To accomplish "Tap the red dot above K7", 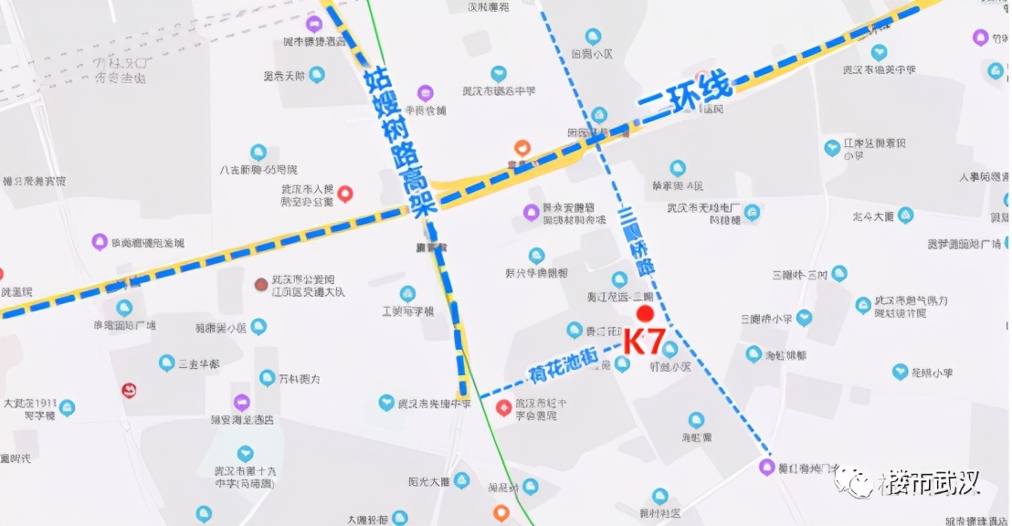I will point(645,314).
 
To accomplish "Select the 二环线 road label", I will point(685,94).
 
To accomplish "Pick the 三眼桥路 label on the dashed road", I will point(636,242).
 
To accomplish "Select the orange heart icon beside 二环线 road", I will point(522,147).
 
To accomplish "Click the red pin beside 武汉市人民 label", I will point(345,194).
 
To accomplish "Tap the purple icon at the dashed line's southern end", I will point(766,468).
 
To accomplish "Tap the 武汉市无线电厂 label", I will point(712,214).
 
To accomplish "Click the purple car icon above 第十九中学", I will point(241,402).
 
